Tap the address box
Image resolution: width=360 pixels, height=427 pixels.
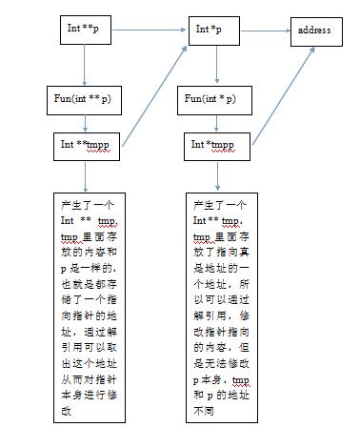coord(314,30)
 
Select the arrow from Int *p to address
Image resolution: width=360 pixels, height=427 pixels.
coord(268,30)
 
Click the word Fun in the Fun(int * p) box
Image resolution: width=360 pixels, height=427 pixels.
coord(193,98)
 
